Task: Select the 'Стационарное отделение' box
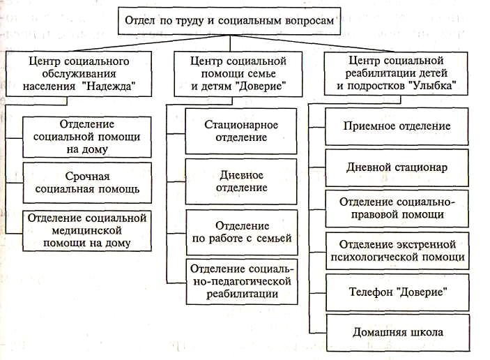[241, 131]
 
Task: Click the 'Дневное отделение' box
[241, 181]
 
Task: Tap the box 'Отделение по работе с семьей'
[241, 232]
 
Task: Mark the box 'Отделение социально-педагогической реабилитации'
[241, 282]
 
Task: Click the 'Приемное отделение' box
[397, 126]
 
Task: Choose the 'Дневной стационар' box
[397, 167]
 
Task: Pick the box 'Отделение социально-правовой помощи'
[397, 208]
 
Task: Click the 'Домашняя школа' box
[397, 332]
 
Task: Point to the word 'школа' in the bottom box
[425, 332]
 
